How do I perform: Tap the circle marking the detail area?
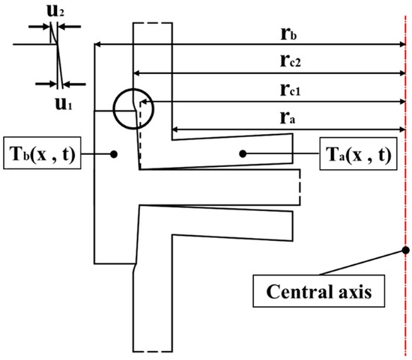coord(133,110)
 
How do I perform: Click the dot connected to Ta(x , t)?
coord(242,154)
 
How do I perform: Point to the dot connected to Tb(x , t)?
coord(112,154)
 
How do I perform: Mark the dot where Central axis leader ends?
coord(405,249)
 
